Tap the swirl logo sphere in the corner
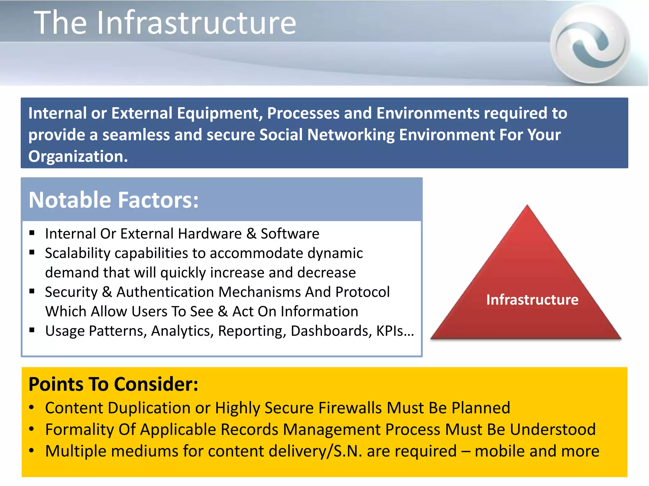point(590,44)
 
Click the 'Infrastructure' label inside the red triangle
point(532,300)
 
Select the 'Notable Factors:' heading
point(113,200)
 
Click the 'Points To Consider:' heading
point(113,384)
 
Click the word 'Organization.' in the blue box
point(78,156)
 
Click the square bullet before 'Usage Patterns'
point(32,330)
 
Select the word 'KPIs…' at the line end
point(395,331)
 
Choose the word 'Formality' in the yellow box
point(79,430)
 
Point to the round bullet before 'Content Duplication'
point(31,408)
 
